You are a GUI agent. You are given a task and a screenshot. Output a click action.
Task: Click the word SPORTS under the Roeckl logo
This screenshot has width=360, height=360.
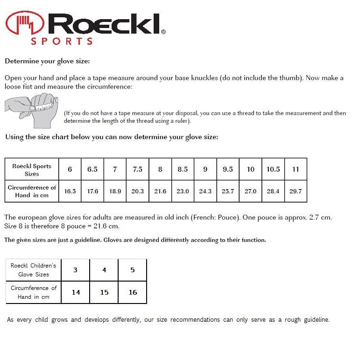[x=62, y=41]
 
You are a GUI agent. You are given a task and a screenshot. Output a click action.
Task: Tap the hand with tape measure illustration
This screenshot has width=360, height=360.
[x=32, y=109]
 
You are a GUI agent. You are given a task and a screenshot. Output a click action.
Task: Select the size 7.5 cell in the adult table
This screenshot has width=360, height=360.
[x=138, y=169]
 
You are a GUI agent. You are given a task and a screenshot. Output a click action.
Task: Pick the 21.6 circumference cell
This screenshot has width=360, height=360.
[x=160, y=191]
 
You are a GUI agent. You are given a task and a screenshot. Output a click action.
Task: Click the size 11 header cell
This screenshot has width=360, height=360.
[x=296, y=169]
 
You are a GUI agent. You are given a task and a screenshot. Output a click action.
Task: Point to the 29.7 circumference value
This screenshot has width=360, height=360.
[x=296, y=191]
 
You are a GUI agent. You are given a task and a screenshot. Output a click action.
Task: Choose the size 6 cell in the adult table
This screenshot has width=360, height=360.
[x=70, y=169]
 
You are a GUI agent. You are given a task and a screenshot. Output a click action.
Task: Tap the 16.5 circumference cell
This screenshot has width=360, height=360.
[x=70, y=191]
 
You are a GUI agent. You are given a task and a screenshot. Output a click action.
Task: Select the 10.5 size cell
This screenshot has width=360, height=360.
[x=273, y=169]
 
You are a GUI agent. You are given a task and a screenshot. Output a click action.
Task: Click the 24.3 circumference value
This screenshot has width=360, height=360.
[x=205, y=191]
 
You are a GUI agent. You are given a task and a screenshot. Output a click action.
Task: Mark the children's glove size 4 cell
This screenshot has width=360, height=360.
[x=104, y=270]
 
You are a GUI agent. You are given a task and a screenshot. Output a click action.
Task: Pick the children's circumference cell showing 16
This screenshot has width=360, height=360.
[x=133, y=292]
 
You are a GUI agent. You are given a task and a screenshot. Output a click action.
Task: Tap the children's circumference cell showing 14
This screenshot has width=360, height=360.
[x=76, y=292]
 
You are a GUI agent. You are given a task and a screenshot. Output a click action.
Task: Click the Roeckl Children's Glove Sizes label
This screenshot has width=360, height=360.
[x=33, y=270]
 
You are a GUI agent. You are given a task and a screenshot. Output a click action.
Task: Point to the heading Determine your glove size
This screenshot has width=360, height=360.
[x=47, y=61]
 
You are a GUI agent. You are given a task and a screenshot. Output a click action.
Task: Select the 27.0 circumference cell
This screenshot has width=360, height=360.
[x=251, y=191]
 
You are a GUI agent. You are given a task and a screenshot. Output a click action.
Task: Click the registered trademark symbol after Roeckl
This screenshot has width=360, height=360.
[x=163, y=32]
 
